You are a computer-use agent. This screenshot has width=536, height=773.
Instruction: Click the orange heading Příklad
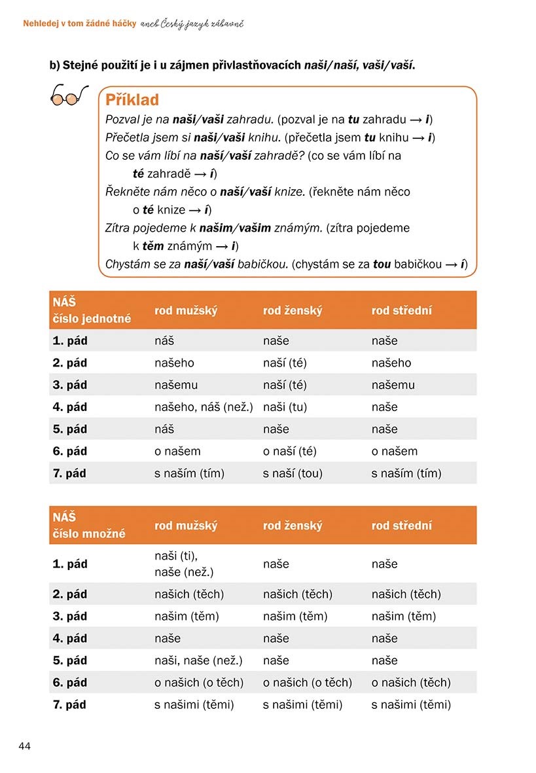tap(132, 100)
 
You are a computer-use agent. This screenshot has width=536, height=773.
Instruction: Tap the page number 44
tap(25, 746)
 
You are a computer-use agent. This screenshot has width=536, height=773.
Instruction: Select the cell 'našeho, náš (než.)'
tap(204, 407)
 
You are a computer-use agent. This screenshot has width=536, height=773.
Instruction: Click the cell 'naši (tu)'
tap(285, 407)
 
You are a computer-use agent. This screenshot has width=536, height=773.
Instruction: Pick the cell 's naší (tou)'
tap(293, 473)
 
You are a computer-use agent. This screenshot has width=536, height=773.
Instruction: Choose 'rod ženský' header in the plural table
tap(292, 526)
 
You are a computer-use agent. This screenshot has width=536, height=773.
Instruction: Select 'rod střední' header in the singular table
tap(401, 310)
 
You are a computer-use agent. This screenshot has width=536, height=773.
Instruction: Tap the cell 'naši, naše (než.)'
tap(198, 660)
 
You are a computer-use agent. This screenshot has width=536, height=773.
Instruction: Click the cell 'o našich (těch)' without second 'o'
tap(411, 683)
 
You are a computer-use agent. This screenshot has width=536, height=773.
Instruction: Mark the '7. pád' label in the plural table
tap(69, 705)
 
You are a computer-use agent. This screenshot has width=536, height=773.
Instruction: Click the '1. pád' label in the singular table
tap(69, 340)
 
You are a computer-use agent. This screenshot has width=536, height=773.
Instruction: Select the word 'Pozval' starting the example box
tap(122, 119)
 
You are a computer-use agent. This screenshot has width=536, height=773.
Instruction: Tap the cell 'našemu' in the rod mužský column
tap(175, 385)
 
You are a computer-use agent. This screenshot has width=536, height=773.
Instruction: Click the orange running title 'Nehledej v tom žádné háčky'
tap(79, 24)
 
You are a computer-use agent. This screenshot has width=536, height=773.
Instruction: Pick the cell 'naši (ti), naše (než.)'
tap(184, 564)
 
